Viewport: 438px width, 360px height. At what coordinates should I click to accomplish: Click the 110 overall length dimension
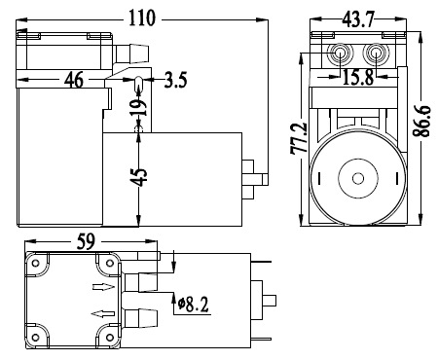click(142, 18)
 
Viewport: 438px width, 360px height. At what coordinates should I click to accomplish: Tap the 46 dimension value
click(74, 80)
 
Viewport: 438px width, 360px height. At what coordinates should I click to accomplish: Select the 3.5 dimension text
click(175, 80)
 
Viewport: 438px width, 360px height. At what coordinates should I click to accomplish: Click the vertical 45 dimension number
click(140, 177)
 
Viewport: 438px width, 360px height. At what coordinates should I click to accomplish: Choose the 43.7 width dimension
click(358, 19)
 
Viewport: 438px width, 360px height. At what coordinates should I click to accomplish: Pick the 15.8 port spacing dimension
click(358, 78)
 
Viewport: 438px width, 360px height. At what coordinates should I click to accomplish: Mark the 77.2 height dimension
click(299, 138)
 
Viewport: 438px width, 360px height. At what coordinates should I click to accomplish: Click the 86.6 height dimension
click(421, 121)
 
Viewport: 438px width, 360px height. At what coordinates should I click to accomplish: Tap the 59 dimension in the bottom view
click(86, 241)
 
